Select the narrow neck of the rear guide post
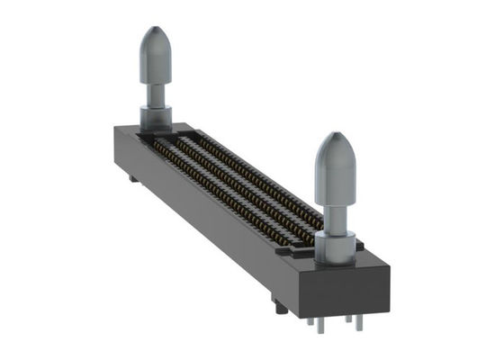155,92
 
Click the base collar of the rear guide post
156,117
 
